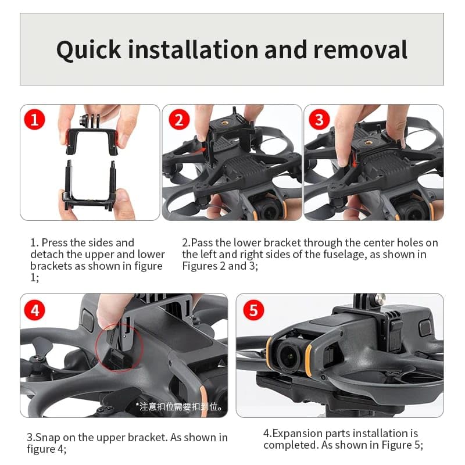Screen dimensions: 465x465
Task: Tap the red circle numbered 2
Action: [x=178, y=120]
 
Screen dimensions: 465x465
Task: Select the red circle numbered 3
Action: [x=319, y=120]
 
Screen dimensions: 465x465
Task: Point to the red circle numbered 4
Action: [x=35, y=310]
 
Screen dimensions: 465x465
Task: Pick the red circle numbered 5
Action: [x=253, y=310]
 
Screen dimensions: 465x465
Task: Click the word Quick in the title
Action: [x=89, y=50]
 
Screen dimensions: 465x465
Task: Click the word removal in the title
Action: [x=360, y=50]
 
